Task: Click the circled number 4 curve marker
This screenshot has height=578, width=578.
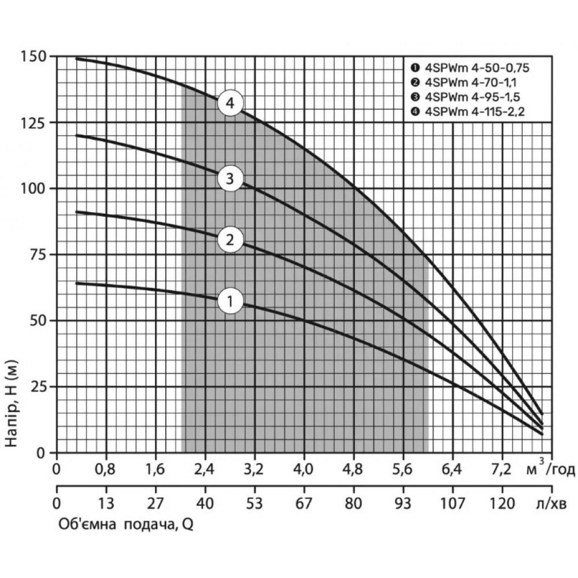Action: coord(231,104)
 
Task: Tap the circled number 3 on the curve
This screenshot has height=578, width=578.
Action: coord(230,179)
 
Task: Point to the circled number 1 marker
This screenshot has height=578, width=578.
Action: coord(230,301)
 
